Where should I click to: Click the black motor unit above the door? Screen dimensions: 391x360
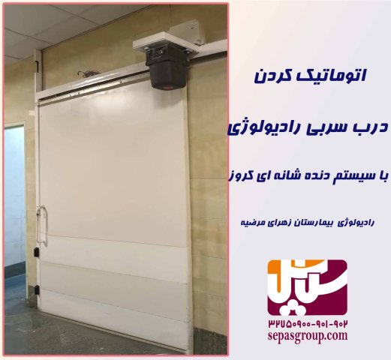[167, 67]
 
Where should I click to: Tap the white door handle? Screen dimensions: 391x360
[42, 224]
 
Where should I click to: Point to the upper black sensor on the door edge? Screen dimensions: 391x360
[37, 252]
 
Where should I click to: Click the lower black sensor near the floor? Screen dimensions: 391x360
[37, 289]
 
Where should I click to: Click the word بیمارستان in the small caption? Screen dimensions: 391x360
[315, 223]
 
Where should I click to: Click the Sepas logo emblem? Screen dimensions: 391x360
[308, 287]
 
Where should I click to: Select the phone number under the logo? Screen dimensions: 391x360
[308, 324]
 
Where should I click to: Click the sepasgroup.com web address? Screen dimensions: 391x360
[308, 337]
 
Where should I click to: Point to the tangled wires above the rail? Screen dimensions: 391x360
[85, 74]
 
